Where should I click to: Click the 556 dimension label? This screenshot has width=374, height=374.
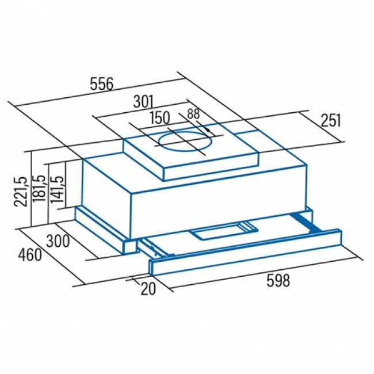click(101, 84)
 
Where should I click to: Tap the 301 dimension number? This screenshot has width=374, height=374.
click(143, 102)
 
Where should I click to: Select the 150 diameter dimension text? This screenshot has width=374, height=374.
click(160, 117)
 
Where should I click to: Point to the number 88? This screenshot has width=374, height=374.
click(193, 114)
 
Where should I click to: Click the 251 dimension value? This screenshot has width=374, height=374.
click(331, 120)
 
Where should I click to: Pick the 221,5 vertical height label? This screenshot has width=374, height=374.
click(21, 192)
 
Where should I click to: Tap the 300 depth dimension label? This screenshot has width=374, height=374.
click(58, 241)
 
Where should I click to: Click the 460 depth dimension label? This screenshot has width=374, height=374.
click(30, 255)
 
